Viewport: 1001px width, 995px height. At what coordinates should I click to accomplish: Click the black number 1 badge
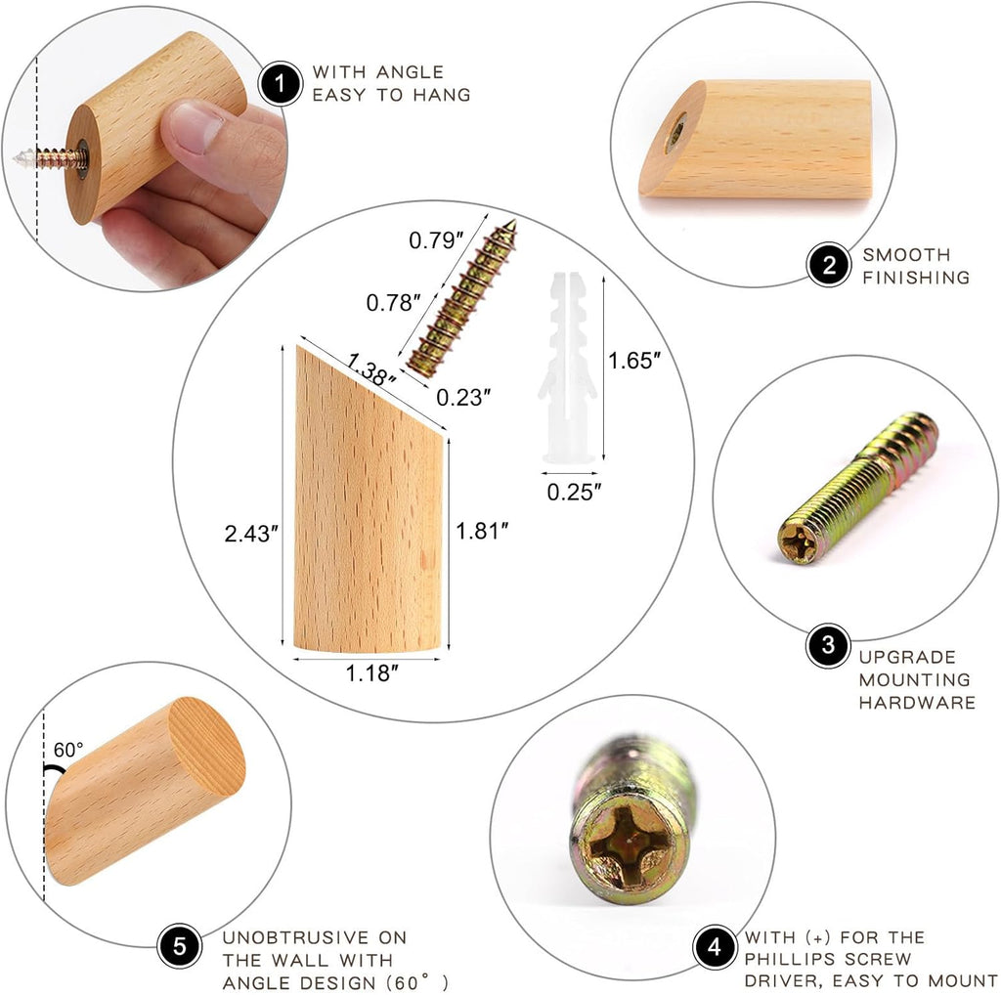(x=280, y=84)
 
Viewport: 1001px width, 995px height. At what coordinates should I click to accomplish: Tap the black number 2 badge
(x=829, y=264)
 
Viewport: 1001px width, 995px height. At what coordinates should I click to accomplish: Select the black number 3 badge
(x=828, y=645)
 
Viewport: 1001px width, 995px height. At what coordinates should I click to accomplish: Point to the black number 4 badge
(x=715, y=947)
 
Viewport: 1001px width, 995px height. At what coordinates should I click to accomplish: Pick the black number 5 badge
(x=180, y=945)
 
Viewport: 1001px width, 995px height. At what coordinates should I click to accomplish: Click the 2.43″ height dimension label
(x=251, y=534)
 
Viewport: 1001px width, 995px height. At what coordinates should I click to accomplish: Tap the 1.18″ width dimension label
(x=371, y=672)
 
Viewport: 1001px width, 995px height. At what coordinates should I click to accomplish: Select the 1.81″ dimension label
(x=482, y=531)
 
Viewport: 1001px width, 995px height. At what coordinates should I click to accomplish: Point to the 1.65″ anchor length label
(x=633, y=361)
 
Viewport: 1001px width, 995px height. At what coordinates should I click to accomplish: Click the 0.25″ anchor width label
(x=574, y=492)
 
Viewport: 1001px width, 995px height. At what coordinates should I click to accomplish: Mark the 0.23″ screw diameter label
(x=463, y=398)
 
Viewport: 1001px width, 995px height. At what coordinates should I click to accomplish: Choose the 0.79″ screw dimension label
(x=436, y=240)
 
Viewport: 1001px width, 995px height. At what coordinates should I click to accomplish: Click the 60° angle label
(x=68, y=750)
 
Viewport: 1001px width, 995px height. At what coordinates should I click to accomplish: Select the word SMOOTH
(x=906, y=255)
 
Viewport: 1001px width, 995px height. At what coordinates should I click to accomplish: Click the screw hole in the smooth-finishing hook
(x=675, y=133)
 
